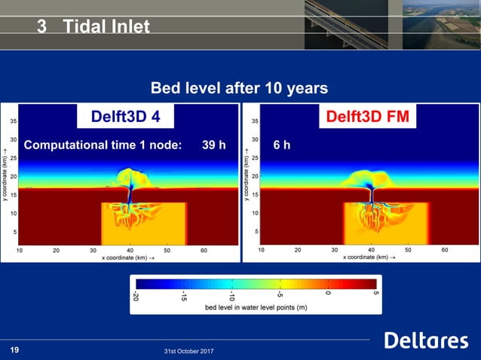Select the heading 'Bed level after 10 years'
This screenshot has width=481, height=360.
tap(240, 88)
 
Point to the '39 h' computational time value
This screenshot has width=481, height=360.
tap(213, 145)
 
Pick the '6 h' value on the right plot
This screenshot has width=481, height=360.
tap(281, 145)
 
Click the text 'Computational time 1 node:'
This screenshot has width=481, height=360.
tap(103, 145)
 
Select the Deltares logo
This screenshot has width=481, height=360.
tap(426, 340)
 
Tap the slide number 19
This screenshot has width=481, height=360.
tap(14, 349)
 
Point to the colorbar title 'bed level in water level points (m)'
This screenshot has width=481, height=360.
tap(256, 308)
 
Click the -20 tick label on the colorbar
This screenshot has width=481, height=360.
tap(136, 296)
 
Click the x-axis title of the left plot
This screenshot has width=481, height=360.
tap(127, 257)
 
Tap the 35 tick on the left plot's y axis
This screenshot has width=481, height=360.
tap(14, 121)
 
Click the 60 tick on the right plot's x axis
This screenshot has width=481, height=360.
tap(444, 249)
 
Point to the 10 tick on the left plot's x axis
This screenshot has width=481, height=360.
tap(19, 249)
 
